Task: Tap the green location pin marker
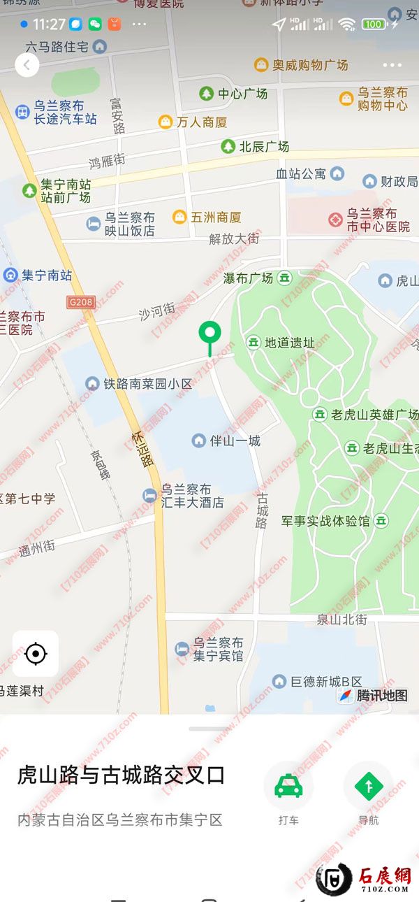point(209,336)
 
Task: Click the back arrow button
point(27,66)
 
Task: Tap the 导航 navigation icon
point(368,786)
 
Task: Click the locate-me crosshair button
point(35,654)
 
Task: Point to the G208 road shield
point(80,301)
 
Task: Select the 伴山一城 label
point(235,441)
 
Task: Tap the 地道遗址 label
point(289,343)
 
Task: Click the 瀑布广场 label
point(248,278)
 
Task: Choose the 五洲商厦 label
point(216,217)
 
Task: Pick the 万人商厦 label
point(201,122)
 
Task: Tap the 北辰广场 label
point(264,147)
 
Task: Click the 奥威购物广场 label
point(309,65)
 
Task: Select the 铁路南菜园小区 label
point(147,384)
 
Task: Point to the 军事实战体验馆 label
point(325,521)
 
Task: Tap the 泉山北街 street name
point(341,620)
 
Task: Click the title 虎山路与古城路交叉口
point(121,775)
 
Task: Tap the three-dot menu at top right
point(392,66)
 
